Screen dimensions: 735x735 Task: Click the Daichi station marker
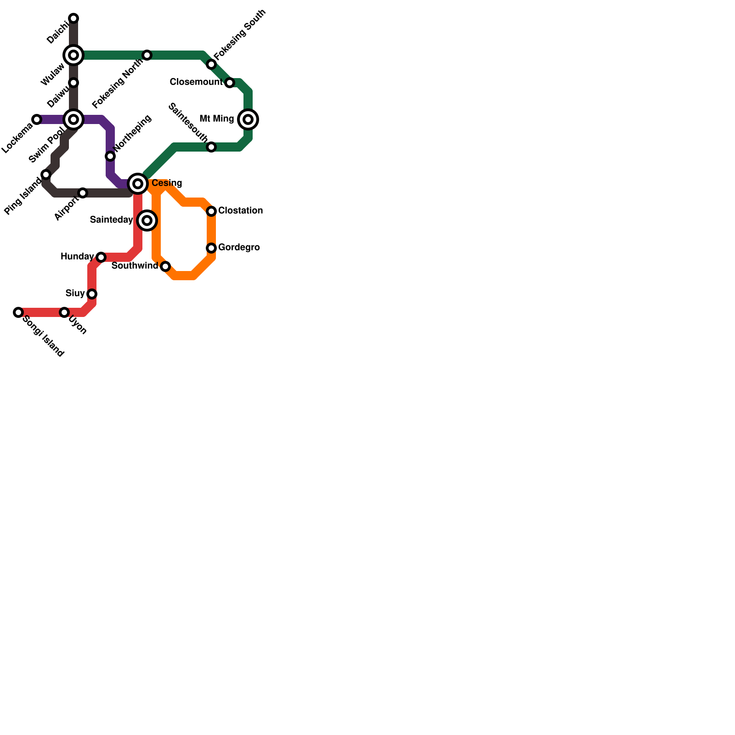point(73,18)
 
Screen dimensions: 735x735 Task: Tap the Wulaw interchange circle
point(73,55)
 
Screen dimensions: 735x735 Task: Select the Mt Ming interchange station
point(248,119)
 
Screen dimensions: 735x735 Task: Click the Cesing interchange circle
point(138,184)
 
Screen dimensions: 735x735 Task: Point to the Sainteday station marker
point(147,220)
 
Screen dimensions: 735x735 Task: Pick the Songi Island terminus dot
point(18,312)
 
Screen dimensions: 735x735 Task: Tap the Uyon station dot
point(64,312)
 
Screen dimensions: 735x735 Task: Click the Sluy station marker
point(92,294)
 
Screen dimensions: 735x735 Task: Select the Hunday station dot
point(101,257)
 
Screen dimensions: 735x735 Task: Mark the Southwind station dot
point(165,266)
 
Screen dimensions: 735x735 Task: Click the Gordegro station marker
point(211,248)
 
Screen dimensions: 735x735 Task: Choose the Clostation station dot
point(211,211)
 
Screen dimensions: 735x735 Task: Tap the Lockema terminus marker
point(37,119)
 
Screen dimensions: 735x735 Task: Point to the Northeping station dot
point(110,156)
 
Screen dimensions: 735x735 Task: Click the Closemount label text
point(196,82)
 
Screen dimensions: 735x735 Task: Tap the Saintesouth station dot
point(211,147)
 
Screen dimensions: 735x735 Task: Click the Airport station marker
point(83,193)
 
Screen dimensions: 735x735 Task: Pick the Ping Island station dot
point(46,175)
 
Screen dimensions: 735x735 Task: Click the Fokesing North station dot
point(147,55)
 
